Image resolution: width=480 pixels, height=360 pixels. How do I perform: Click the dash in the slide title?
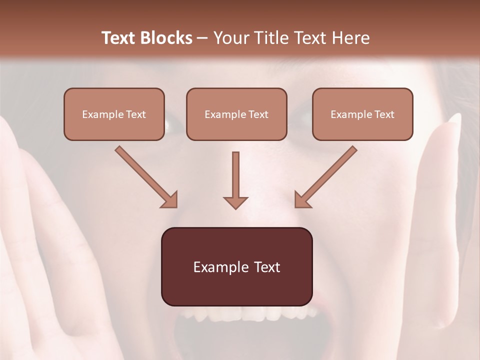[x=202, y=38]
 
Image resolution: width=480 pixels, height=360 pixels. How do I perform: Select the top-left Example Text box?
[x=114, y=114]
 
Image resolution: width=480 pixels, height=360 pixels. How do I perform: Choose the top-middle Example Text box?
[x=236, y=114]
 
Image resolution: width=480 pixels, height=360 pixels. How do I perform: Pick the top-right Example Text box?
[x=362, y=114]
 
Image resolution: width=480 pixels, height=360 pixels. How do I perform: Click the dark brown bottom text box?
[x=236, y=266]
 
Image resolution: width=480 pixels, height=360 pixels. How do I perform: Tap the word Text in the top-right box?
[x=384, y=114]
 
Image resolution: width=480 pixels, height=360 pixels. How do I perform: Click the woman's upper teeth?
[x=250, y=314]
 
